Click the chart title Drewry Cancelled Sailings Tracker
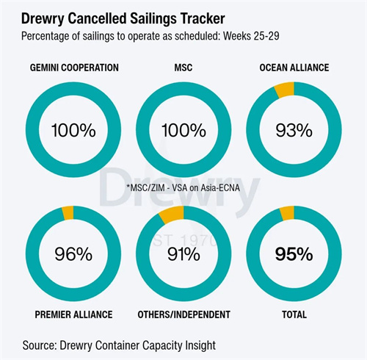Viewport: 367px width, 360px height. click(123, 18)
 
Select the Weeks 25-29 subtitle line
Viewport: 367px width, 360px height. click(150, 36)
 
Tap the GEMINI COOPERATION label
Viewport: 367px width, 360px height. click(74, 68)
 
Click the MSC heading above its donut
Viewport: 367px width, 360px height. click(183, 68)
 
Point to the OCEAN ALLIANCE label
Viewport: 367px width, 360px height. click(294, 68)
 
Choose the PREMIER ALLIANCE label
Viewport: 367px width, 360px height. click(73, 314)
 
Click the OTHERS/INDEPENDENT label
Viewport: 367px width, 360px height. click(183, 314)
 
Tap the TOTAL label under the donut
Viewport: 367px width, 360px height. click(294, 314)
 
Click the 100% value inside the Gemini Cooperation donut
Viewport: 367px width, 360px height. click(73, 130)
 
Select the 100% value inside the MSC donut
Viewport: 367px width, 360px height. click(183, 130)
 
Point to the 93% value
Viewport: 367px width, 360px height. click(294, 130)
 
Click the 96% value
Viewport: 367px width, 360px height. click(73, 254)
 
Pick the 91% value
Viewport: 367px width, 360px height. click(183, 254)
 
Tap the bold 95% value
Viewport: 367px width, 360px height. click(294, 254)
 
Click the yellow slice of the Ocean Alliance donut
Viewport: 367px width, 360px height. click(285, 90)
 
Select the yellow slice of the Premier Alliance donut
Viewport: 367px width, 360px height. click(68, 213)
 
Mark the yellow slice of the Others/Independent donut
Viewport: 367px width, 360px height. click(172, 215)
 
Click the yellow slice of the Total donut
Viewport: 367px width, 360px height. click(287, 213)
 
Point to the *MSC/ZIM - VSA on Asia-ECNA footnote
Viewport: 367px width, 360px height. click(183, 187)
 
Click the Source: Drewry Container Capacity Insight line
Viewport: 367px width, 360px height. click(119, 345)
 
